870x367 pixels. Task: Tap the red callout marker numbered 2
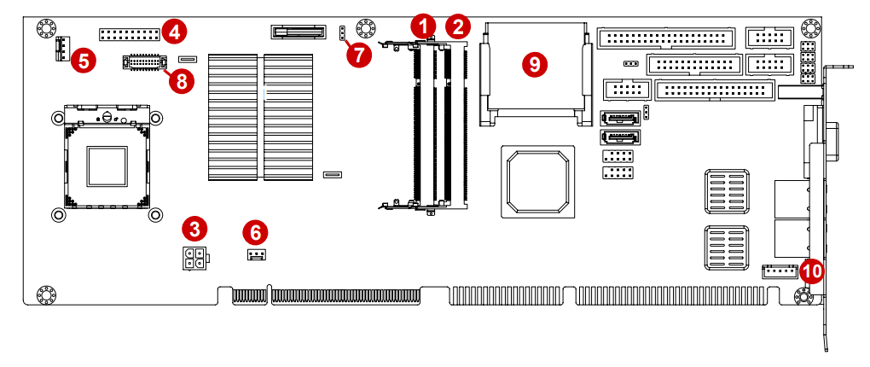(x=458, y=26)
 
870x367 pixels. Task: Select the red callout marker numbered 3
(x=195, y=229)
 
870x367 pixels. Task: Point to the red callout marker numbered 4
(x=174, y=32)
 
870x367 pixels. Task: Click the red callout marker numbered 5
(x=84, y=60)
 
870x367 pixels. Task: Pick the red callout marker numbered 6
(x=254, y=231)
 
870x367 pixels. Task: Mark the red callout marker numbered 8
(x=181, y=80)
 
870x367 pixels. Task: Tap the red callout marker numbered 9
(x=534, y=63)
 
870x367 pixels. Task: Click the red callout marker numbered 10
(x=811, y=271)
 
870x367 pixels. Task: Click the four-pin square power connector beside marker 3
(x=194, y=257)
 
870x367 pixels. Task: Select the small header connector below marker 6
(x=255, y=255)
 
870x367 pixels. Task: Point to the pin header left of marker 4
(x=129, y=35)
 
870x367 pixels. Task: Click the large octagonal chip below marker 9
(x=536, y=181)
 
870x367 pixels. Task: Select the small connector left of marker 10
(x=779, y=272)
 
